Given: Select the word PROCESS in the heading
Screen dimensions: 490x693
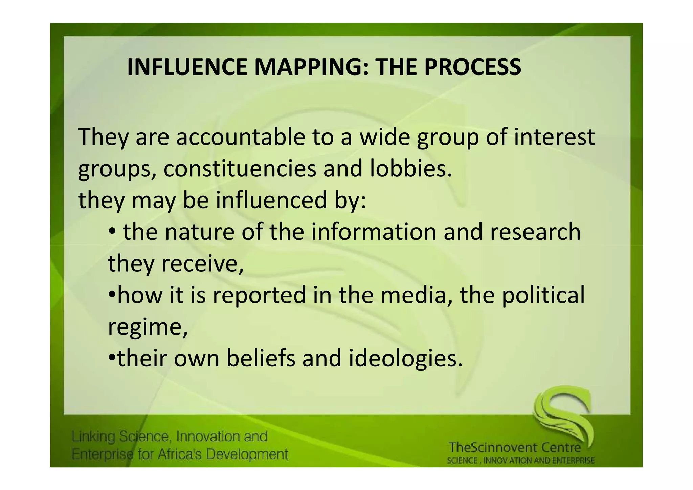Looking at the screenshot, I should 473,67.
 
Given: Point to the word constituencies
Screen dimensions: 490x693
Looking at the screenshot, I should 240,169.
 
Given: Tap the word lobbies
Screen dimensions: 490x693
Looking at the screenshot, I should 411,169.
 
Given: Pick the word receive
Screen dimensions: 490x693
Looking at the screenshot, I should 202,264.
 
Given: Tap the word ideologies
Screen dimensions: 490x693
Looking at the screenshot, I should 405,358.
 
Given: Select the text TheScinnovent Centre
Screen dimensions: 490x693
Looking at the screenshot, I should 515,448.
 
